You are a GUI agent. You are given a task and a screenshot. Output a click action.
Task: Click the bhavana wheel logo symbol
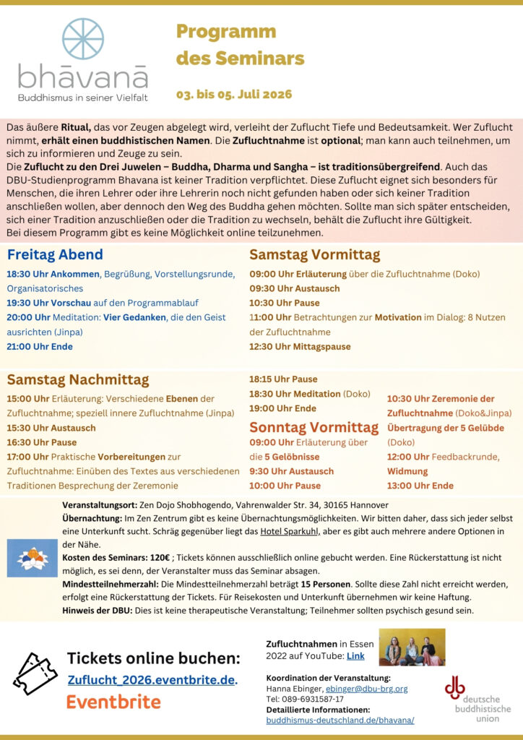(83, 38)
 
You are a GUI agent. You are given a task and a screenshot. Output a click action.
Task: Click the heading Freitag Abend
(55, 254)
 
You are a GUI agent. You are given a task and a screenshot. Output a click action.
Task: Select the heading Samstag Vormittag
(314, 254)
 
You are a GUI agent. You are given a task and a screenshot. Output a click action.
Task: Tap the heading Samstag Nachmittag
(78, 380)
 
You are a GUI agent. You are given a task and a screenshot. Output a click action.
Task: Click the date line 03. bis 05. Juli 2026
(234, 95)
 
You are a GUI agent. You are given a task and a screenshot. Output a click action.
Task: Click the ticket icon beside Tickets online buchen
(35, 674)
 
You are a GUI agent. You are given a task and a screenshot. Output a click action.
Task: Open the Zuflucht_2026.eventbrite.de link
(152, 680)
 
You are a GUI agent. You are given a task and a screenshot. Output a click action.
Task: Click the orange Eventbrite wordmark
(113, 701)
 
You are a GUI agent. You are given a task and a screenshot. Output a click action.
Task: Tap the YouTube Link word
(355, 655)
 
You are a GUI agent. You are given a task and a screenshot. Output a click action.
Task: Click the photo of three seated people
(412, 647)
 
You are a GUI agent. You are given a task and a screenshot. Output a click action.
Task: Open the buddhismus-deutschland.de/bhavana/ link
(340, 720)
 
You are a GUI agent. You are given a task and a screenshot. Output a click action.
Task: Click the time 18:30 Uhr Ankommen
(53, 274)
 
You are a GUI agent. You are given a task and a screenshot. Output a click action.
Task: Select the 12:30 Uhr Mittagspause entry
(300, 346)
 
